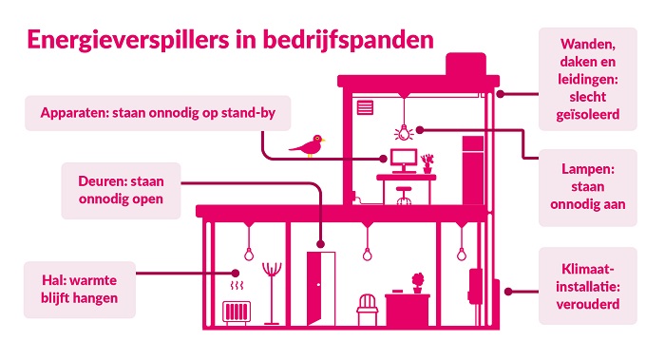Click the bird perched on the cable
[310, 144]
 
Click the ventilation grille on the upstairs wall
[367, 106]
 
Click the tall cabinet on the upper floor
[473, 171]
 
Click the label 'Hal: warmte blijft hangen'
[80, 290]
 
